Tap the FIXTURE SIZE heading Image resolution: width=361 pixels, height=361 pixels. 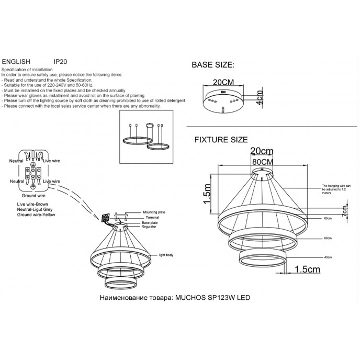click(x=221, y=140)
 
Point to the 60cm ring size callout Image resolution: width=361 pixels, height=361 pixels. click(x=328, y=238)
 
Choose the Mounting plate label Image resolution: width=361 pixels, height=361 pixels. click(x=154, y=212)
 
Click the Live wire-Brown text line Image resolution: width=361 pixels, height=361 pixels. click(x=36, y=203)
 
